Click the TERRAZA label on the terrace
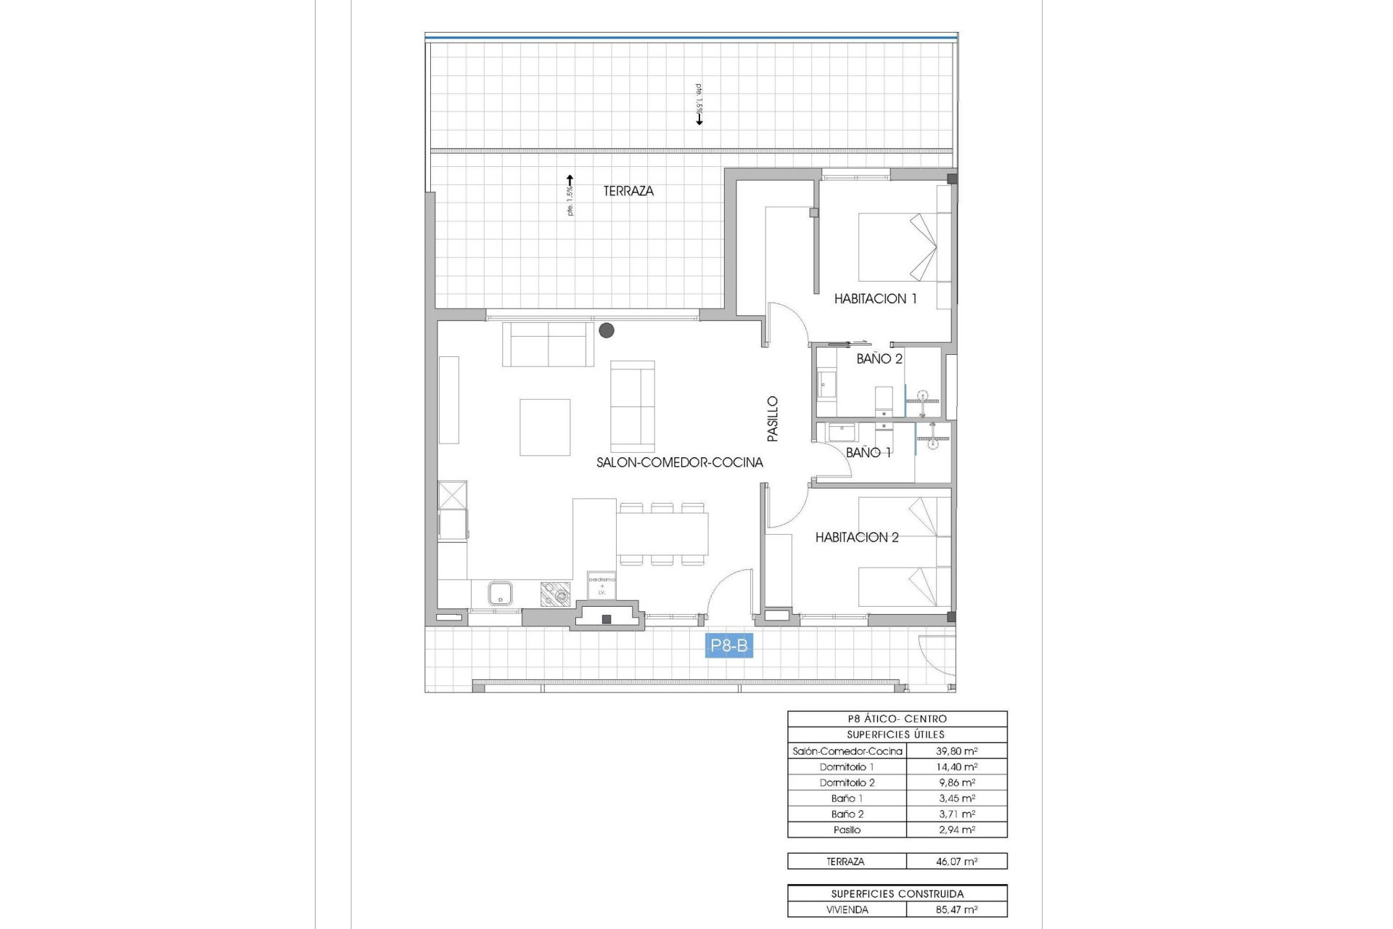click(x=628, y=191)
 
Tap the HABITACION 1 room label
click(x=875, y=298)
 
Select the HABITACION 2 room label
click(x=857, y=537)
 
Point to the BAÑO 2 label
click(x=879, y=359)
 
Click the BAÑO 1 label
click(x=868, y=452)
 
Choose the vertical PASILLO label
click(x=773, y=419)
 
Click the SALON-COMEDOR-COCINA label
click(x=679, y=462)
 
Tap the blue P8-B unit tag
click(x=728, y=646)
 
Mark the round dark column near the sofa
click(x=607, y=331)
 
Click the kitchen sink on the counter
click(x=500, y=594)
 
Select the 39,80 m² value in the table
click(x=956, y=751)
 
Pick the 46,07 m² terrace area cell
click(x=956, y=862)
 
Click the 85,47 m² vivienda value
click(x=956, y=909)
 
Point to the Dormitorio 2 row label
click(x=847, y=782)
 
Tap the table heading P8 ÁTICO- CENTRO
click(x=897, y=719)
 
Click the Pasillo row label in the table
click(x=847, y=830)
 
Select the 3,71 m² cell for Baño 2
click(x=956, y=814)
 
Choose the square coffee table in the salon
click(x=545, y=427)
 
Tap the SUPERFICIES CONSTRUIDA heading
click(x=897, y=894)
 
